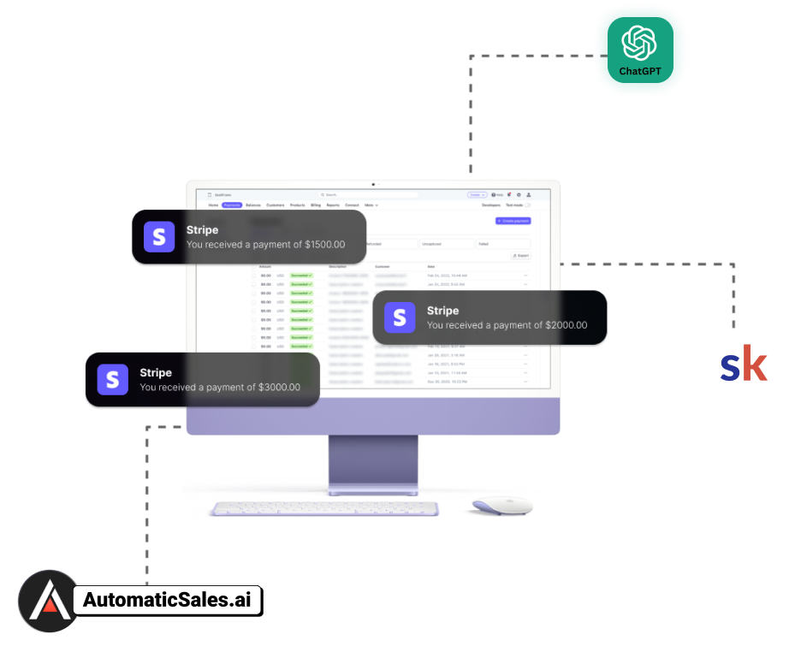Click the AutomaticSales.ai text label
169,600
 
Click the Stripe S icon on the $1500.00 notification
159,237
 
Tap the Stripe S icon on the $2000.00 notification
400,317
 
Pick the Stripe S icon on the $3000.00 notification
112,379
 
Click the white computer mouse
502,506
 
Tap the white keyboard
325,509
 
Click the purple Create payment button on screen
513,221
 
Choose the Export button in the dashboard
520,255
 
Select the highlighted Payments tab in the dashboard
232,205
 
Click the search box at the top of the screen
368,195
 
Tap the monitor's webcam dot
373,184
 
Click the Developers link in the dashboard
491,205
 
